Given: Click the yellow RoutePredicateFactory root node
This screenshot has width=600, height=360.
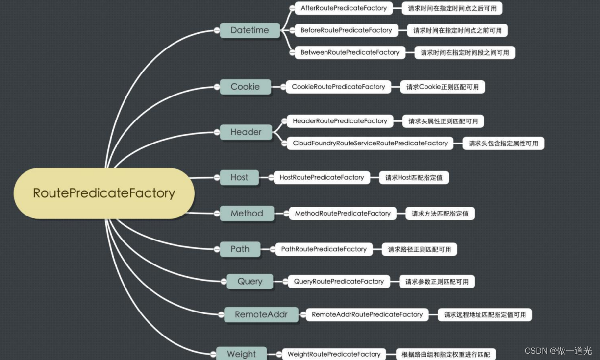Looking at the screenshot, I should (103, 193).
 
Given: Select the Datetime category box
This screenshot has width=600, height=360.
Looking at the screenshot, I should (250, 30).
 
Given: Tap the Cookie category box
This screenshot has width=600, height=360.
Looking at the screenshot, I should (245, 87).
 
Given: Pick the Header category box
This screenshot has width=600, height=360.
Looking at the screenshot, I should (246, 132).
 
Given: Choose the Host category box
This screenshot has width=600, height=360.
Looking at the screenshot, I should (239, 177).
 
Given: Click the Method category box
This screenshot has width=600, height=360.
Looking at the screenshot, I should (247, 213).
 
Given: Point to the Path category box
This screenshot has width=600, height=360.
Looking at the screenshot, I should (240, 249).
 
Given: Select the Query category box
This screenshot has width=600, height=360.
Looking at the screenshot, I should (250, 281).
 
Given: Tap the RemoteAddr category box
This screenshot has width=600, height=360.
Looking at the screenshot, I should (261, 314).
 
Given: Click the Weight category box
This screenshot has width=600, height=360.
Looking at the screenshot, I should (241, 354).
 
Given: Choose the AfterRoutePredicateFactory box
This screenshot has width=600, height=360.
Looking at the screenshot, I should (344, 8).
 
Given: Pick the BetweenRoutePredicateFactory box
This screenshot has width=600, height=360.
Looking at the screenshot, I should (350, 52).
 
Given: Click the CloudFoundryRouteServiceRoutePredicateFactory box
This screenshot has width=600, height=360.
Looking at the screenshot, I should (370, 143).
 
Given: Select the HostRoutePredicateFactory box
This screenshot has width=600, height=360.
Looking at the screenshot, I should (322, 177).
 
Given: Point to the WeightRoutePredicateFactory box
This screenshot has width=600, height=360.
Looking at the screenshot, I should (334, 354).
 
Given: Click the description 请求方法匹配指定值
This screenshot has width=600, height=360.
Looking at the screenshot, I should (440, 213).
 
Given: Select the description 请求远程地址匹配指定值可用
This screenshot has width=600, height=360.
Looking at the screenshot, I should (484, 314).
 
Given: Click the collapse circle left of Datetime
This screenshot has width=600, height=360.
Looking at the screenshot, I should (216, 30).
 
